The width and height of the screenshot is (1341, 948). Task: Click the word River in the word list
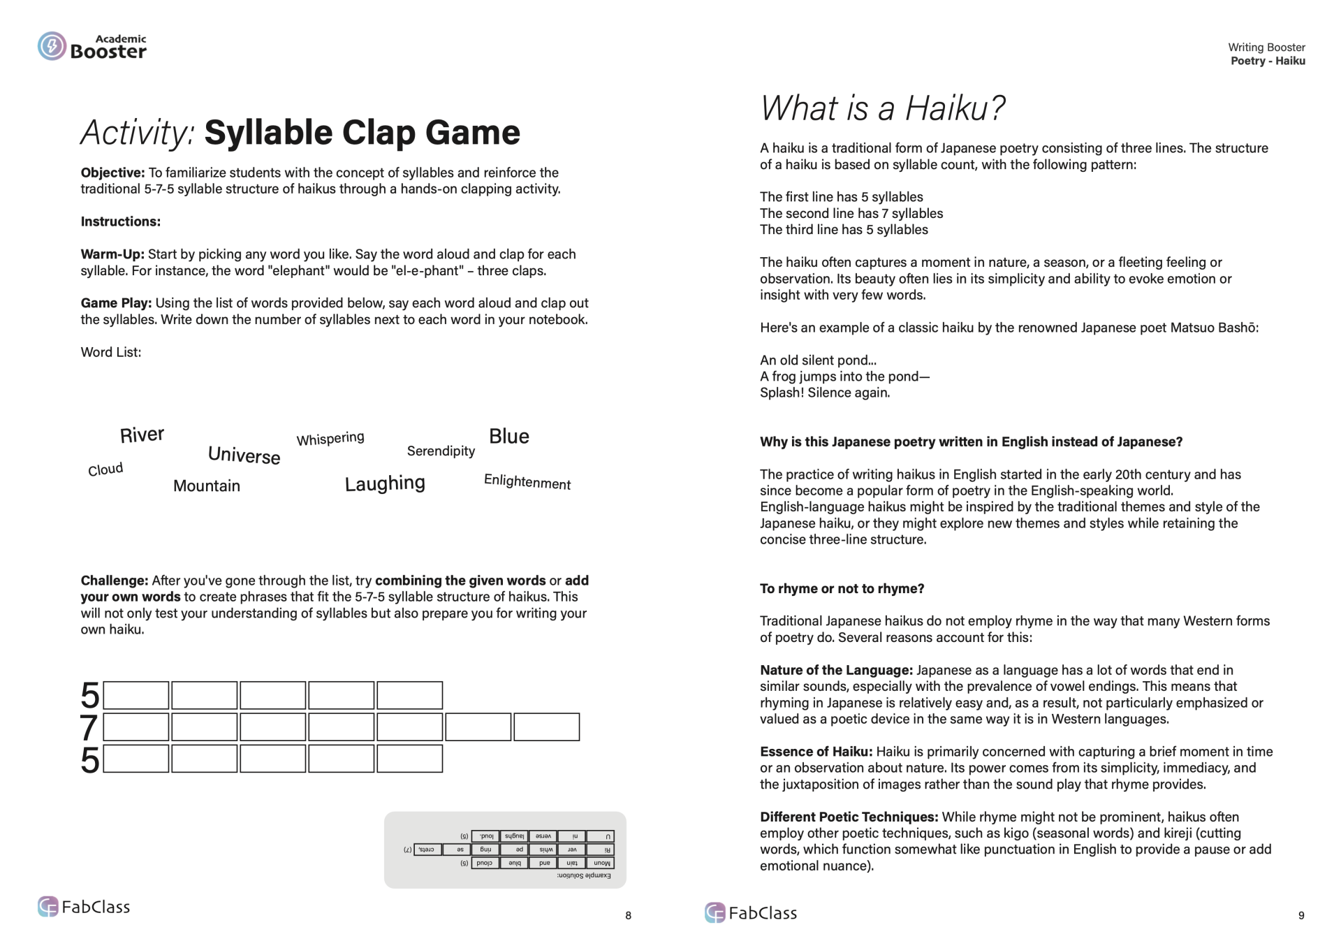pos(142,435)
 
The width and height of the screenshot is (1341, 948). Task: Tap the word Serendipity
pos(441,451)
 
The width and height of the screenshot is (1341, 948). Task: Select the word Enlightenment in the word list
pos(527,482)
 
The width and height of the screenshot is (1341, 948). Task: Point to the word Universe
pos(244,455)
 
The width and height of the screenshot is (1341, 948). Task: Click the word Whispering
pos(330,439)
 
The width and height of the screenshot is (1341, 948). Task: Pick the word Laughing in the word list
pos(385,483)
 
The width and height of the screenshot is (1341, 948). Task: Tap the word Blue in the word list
pos(508,437)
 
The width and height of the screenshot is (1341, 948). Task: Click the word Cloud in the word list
pos(105,469)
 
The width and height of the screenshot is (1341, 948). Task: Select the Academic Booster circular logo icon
pos(52,46)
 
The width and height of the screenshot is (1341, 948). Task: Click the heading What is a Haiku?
pos(882,108)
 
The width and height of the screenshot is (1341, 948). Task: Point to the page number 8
pos(628,915)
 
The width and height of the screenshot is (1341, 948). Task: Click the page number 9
pos(1300,915)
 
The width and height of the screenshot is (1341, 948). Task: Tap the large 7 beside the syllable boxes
pos(89,728)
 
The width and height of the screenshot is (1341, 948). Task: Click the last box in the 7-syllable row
pos(546,727)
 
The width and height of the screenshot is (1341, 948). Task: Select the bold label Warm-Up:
pos(112,254)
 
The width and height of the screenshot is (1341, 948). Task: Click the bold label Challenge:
pos(115,581)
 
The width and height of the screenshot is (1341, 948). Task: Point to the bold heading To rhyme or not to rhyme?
pos(842,589)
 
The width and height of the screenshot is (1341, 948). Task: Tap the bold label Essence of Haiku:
pos(816,752)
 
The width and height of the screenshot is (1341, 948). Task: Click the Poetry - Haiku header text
pos(1267,61)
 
